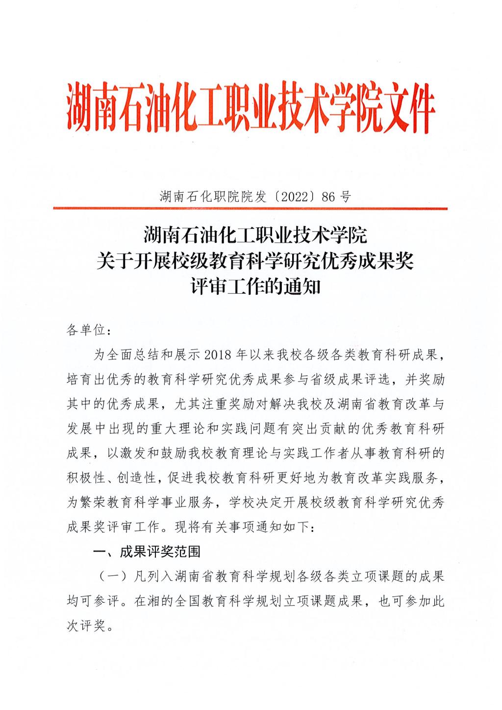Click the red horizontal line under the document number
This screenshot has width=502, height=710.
pyautogui.click(x=251, y=209)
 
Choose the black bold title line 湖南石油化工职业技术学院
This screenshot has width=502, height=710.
pyautogui.click(x=255, y=236)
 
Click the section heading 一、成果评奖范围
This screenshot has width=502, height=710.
pyautogui.click(x=147, y=552)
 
